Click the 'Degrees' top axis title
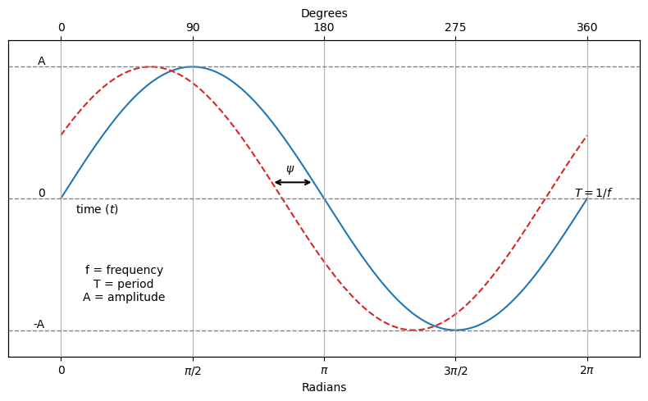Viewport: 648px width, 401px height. pyautogui.click(x=324, y=14)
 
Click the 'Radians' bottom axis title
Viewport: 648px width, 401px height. pyautogui.click(x=324, y=388)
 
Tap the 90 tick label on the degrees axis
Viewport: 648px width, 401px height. pyautogui.click(x=193, y=28)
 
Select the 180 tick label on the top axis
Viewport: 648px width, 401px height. pyautogui.click(x=324, y=28)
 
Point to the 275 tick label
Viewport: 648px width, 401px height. pyautogui.click(x=455, y=28)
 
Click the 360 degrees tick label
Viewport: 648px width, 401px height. pyautogui.click(x=587, y=28)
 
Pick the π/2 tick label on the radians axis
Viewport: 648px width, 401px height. pyautogui.click(x=193, y=371)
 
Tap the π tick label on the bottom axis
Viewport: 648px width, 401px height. pyautogui.click(x=324, y=371)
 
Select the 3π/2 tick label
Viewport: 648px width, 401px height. pyautogui.click(x=455, y=371)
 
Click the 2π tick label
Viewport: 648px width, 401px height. pyautogui.click(x=587, y=371)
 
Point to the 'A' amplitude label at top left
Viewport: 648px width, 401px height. pyautogui.click(x=42, y=62)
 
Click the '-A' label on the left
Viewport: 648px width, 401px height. pyautogui.click(x=39, y=325)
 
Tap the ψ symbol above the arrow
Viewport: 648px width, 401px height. pyautogui.click(x=290, y=169)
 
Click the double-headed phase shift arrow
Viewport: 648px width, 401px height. pyautogui.click(x=293, y=182)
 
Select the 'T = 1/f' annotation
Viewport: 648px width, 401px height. pyautogui.click(x=592, y=194)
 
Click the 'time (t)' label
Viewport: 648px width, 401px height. pyautogui.click(x=97, y=210)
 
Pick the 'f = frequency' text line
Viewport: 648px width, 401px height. pyautogui.click(x=124, y=271)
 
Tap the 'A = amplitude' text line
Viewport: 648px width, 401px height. pyautogui.click(x=124, y=298)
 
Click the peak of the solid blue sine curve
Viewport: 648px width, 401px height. pyautogui.click(x=193, y=67)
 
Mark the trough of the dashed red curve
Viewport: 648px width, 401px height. pyautogui.click(x=414, y=330)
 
